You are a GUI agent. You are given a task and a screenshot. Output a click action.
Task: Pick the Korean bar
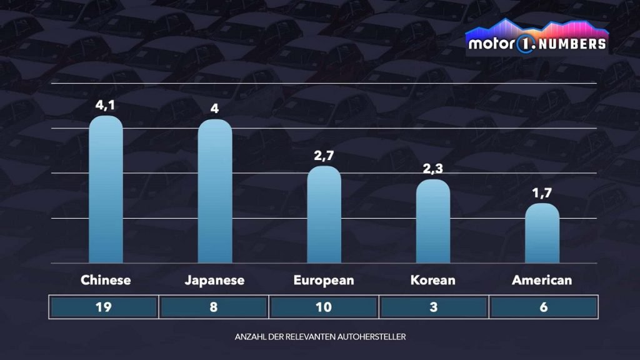pyautogui.click(x=433, y=221)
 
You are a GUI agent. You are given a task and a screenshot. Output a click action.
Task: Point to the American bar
pyautogui.click(x=542, y=233)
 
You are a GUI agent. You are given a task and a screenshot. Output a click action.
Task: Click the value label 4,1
pyautogui.click(x=106, y=106)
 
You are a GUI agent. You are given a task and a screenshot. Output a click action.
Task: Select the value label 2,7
pyautogui.click(x=324, y=156)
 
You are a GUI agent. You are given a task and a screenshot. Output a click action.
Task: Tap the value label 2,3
pyautogui.click(x=433, y=169)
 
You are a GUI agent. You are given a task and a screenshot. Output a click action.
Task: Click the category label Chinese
pyautogui.click(x=106, y=280)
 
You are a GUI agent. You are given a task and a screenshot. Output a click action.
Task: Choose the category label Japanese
pyautogui.click(x=215, y=280)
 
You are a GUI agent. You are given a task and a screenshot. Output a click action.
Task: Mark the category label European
pyautogui.click(x=324, y=280)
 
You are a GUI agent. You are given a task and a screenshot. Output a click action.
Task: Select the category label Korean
pyautogui.click(x=433, y=280)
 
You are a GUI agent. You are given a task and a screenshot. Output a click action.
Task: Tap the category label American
pyautogui.click(x=542, y=280)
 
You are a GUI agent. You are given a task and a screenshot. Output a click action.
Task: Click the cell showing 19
pyautogui.click(x=104, y=307)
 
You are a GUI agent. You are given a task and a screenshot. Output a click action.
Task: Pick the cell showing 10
pyautogui.click(x=324, y=307)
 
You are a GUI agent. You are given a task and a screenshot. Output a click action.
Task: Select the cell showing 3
pyautogui.click(x=433, y=307)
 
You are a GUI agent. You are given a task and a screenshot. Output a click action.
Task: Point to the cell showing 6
pyautogui.click(x=543, y=307)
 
